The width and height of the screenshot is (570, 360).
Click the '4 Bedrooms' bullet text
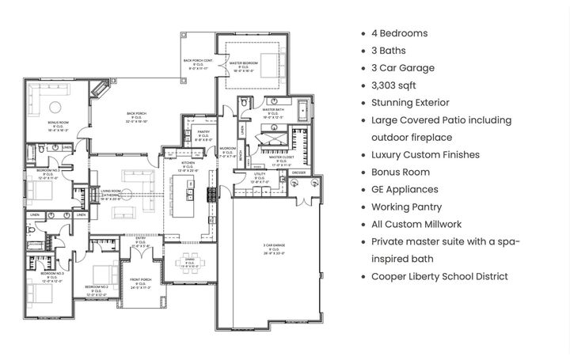pyautogui.click(x=399, y=33)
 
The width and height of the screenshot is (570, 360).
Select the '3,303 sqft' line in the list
pyautogui.click(x=393, y=85)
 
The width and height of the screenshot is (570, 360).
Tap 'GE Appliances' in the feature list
pyautogui.click(x=405, y=190)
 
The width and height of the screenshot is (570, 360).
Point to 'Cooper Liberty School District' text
pyautogui.click(x=439, y=277)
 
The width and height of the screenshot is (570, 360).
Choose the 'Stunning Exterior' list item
pyautogui.click(x=410, y=103)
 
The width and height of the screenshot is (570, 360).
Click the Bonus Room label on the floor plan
pyautogui.click(x=58, y=124)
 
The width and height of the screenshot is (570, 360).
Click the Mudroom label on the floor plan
pyautogui.click(x=227, y=153)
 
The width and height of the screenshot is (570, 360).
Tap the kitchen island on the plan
pyautogui.click(x=190, y=197)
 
